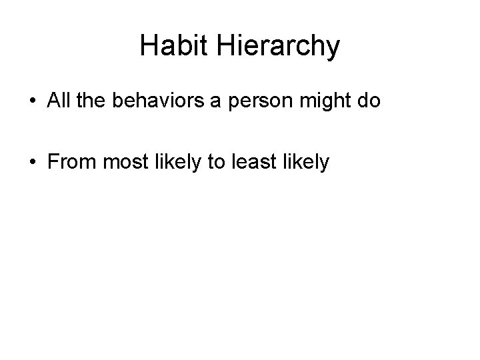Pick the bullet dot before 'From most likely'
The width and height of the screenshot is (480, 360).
(32, 162)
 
